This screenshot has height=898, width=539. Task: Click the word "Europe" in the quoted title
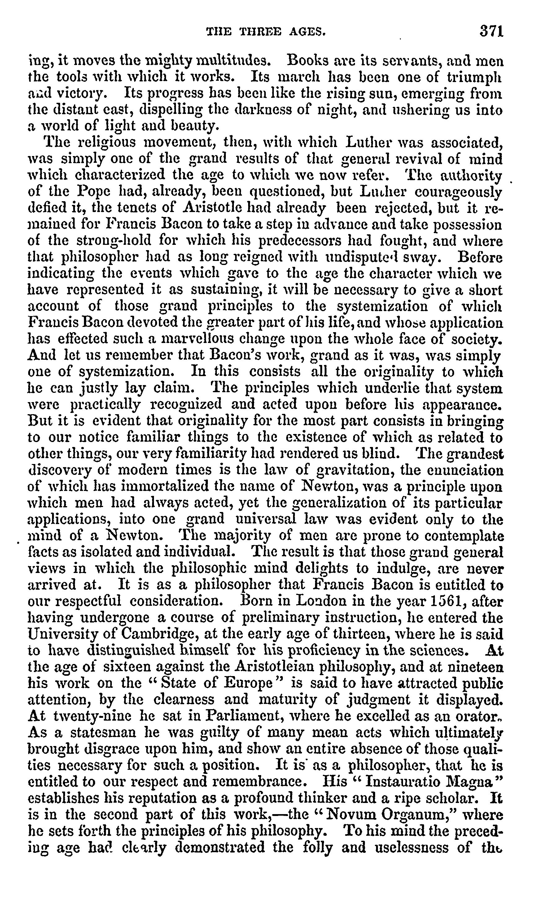[x=248, y=683]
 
